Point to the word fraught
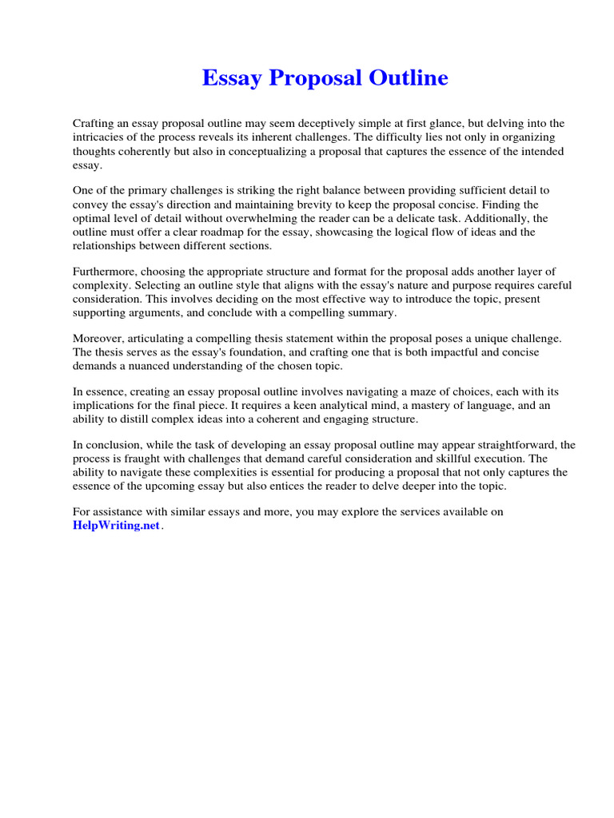click(x=146, y=459)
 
